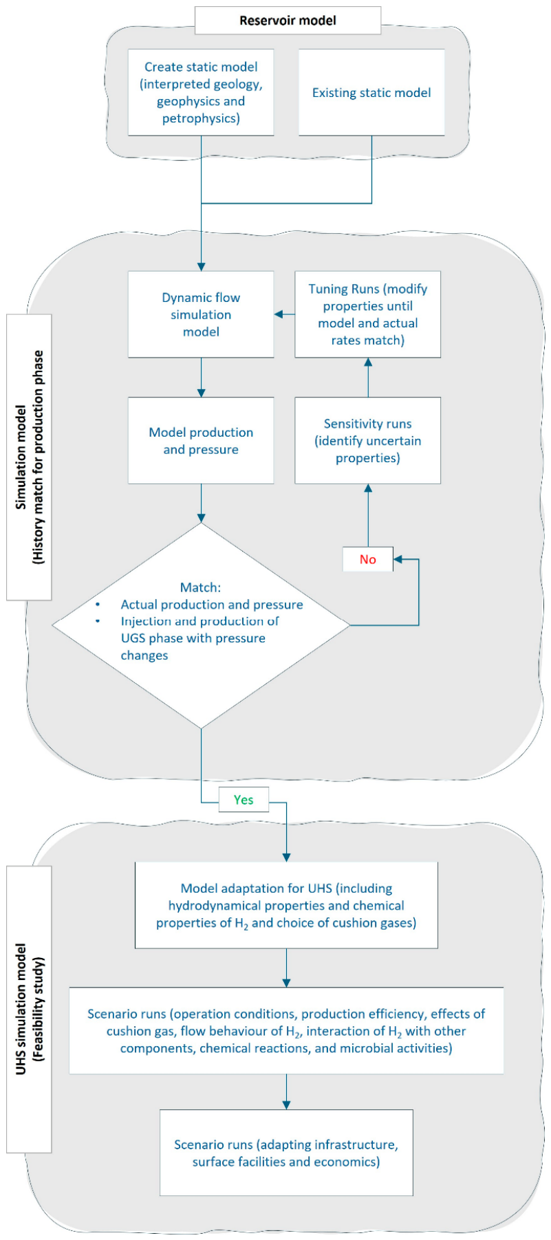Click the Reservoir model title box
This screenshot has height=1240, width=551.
tap(288, 20)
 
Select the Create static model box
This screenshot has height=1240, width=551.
tap(201, 92)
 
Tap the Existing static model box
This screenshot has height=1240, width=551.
tap(371, 92)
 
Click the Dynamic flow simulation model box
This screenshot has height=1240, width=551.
tap(201, 314)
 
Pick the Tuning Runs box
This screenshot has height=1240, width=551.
tap(368, 314)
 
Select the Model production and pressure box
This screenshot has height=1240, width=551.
tap(201, 440)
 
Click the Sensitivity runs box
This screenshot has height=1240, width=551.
tap(368, 440)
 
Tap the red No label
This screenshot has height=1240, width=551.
tap(368, 559)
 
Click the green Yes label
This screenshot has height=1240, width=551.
tap(244, 800)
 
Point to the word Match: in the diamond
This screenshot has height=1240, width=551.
tap(201, 587)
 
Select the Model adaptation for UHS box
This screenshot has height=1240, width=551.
tap(286, 905)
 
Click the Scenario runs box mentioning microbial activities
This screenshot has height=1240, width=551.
tap(286, 1031)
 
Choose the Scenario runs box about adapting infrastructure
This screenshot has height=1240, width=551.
tap(286, 1153)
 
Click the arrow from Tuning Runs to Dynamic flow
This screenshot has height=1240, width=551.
tap(285, 314)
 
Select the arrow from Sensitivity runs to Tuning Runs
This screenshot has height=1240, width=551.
tap(368, 378)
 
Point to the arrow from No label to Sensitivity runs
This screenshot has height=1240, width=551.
tap(368, 516)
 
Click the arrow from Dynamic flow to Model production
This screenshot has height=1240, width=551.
tap(201, 378)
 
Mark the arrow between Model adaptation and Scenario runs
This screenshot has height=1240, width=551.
tap(286, 968)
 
